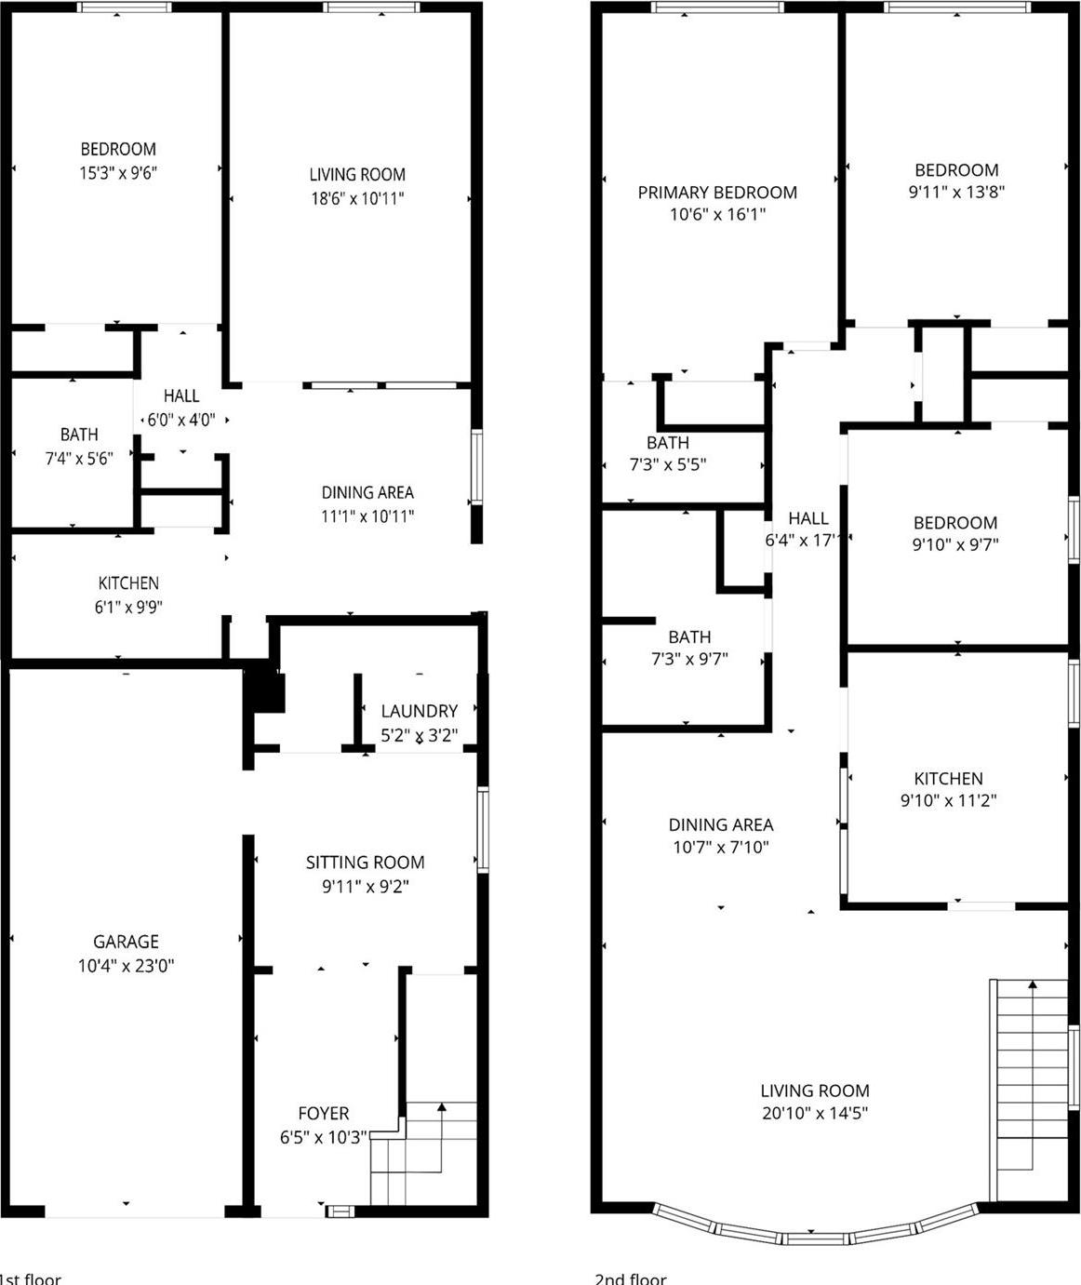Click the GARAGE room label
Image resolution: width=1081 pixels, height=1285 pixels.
pyautogui.click(x=126, y=942)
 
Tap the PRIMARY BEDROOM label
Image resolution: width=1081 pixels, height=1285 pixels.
pyautogui.click(x=717, y=193)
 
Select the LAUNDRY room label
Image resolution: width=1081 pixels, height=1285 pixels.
pyautogui.click(x=420, y=711)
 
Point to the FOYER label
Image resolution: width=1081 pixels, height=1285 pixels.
pyautogui.click(x=324, y=1113)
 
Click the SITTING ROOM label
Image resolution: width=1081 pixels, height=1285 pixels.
pyautogui.click(x=366, y=863)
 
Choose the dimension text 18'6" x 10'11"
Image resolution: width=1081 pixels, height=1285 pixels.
pyautogui.click(x=357, y=198)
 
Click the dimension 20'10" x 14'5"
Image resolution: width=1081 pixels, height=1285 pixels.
pyautogui.click(x=815, y=1113)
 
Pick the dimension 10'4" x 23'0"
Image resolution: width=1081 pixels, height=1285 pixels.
pyautogui.click(x=126, y=966)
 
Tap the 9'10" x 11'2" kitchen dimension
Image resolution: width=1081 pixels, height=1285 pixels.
pyautogui.click(x=948, y=800)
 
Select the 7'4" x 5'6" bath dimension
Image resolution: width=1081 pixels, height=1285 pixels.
pyautogui.click(x=79, y=458)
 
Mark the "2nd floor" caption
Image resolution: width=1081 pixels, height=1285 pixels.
pyautogui.click(x=630, y=1278)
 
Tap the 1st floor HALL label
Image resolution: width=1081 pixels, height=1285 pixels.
pyautogui.click(x=181, y=395)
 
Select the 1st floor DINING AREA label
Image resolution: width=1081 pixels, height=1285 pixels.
pyautogui.click(x=367, y=492)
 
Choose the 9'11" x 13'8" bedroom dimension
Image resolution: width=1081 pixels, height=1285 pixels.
pyautogui.click(x=956, y=193)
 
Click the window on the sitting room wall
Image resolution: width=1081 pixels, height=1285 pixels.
pyautogui.click(x=483, y=829)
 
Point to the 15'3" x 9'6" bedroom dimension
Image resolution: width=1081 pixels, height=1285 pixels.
pyautogui.click(x=118, y=172)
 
